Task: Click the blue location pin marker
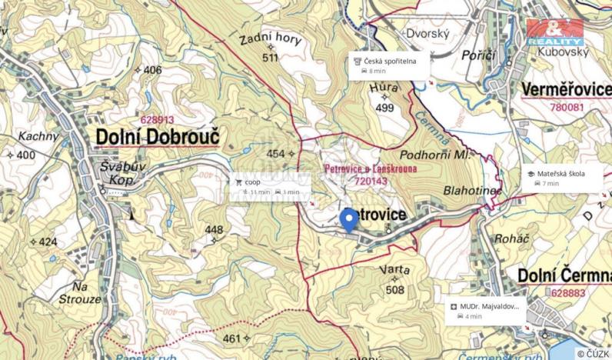(348, 219)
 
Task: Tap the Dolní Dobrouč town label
(157, 137)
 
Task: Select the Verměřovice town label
(566, 90)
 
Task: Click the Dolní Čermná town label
(563, 275)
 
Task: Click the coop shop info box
(268, 187)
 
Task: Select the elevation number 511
(269, 58)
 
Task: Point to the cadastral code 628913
(157, 120)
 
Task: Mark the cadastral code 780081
(567, 108)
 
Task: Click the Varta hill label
(394, 270)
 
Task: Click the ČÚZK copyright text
(593, 353)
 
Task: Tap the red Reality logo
(555, 32)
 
